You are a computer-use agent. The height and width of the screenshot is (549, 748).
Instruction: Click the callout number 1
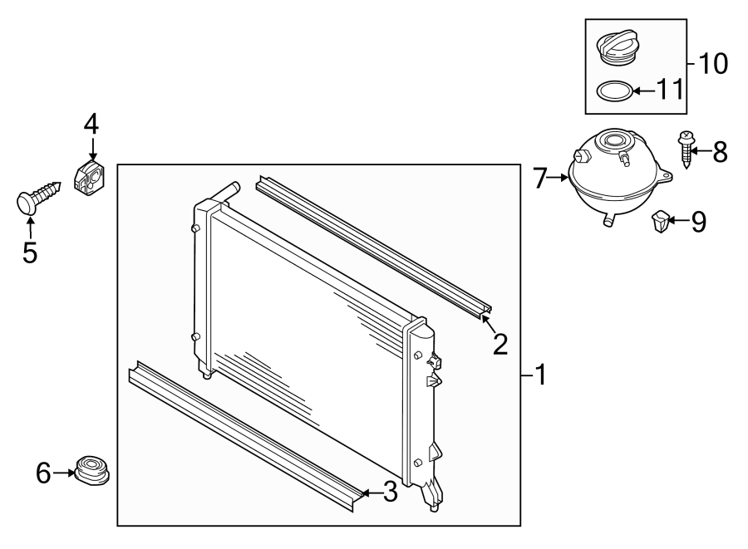tap(540, 376)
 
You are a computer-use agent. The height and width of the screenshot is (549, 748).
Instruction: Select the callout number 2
tap(499, 343)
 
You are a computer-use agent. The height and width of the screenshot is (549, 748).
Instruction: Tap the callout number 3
tap(388, 493)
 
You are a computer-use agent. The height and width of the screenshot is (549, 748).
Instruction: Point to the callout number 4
tap(91, 125)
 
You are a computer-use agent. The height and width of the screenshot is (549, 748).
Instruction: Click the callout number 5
tap(30, 252)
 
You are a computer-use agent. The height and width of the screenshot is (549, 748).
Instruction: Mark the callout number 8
tap(719, 150)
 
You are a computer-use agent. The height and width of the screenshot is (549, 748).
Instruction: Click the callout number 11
tap(670, 89)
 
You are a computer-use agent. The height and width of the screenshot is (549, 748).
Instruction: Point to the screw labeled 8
tap(686, 150)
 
